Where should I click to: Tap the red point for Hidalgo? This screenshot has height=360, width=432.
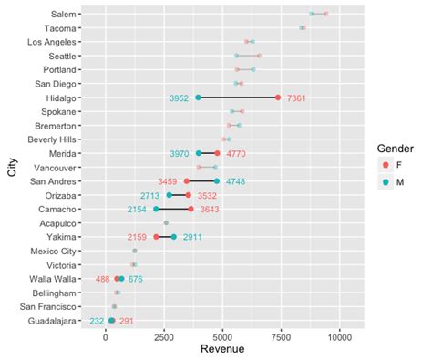tap(278, 98)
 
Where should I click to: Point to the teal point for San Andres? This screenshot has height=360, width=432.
tap(217, 181)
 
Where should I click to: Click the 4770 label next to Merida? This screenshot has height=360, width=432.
tap(238, 154)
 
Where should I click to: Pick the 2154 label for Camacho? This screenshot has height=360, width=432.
tap(138, 210)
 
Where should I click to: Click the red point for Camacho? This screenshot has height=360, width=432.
tap(190, 210)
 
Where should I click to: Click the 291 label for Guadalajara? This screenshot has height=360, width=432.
tap(126, 321)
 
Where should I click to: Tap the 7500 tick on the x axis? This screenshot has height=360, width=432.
tap(281, 336)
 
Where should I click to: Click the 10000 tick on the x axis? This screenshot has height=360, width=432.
tap(339, 336)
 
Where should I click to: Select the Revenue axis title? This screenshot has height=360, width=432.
tap(222, 350)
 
